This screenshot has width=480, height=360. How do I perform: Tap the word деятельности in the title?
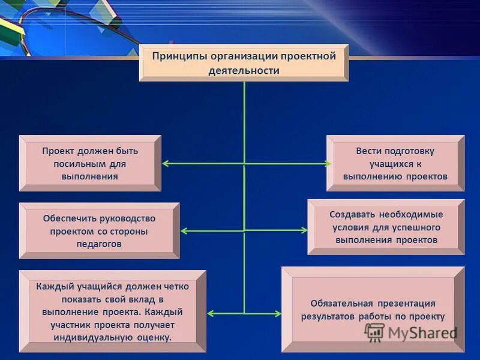(x=244, y=71)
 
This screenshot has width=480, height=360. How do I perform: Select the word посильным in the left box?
(x=76, y=163)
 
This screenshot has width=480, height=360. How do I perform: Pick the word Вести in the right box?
(x=368, y=151)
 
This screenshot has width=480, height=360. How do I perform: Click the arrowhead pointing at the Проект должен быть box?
(x=166, y=163)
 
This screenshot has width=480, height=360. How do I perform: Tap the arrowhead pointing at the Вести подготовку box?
(x=328, y=163)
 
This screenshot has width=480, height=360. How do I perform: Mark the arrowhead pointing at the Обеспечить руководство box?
(x=184, y=230)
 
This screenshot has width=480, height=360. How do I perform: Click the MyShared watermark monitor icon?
(x=375, y=332)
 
